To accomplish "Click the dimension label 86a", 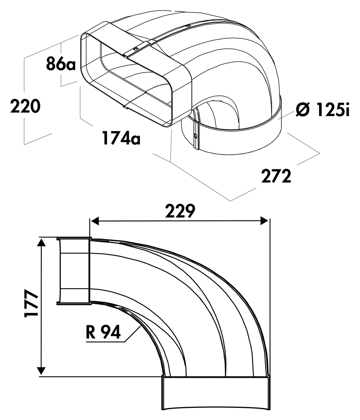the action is pyautogui.click(x=61, y=64).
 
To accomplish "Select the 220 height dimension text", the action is pyautogui.click(x=25, y=106).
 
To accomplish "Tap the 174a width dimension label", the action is pyautogui.click(x=121, y=138).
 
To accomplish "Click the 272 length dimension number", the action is pyautogui.click(x=276, y=176).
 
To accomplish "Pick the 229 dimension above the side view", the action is pyautogui.click(x=180, y=211).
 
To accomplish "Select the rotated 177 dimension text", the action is pyautogui.click(x=31, y=303).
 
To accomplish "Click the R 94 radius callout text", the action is pyautogui.click(x=103, y=332).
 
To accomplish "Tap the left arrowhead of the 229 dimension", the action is pyautogui.click(x=95, y=221).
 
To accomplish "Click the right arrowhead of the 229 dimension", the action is pyautogui.click(x=264, y=221).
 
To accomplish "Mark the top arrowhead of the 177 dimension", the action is pyautogui.click(x=41, y=244).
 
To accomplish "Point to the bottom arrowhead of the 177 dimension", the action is pyautogui.click(x=41, y=371).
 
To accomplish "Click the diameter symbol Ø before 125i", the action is pyautogui.click(x=303, y=109).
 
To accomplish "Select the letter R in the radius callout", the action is pyautogui.click(x=91, y=332).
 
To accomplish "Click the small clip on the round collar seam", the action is pyautogui.click(x=196, y=136).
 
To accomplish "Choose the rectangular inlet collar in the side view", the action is pyautogui.click(x=73, y=271).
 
